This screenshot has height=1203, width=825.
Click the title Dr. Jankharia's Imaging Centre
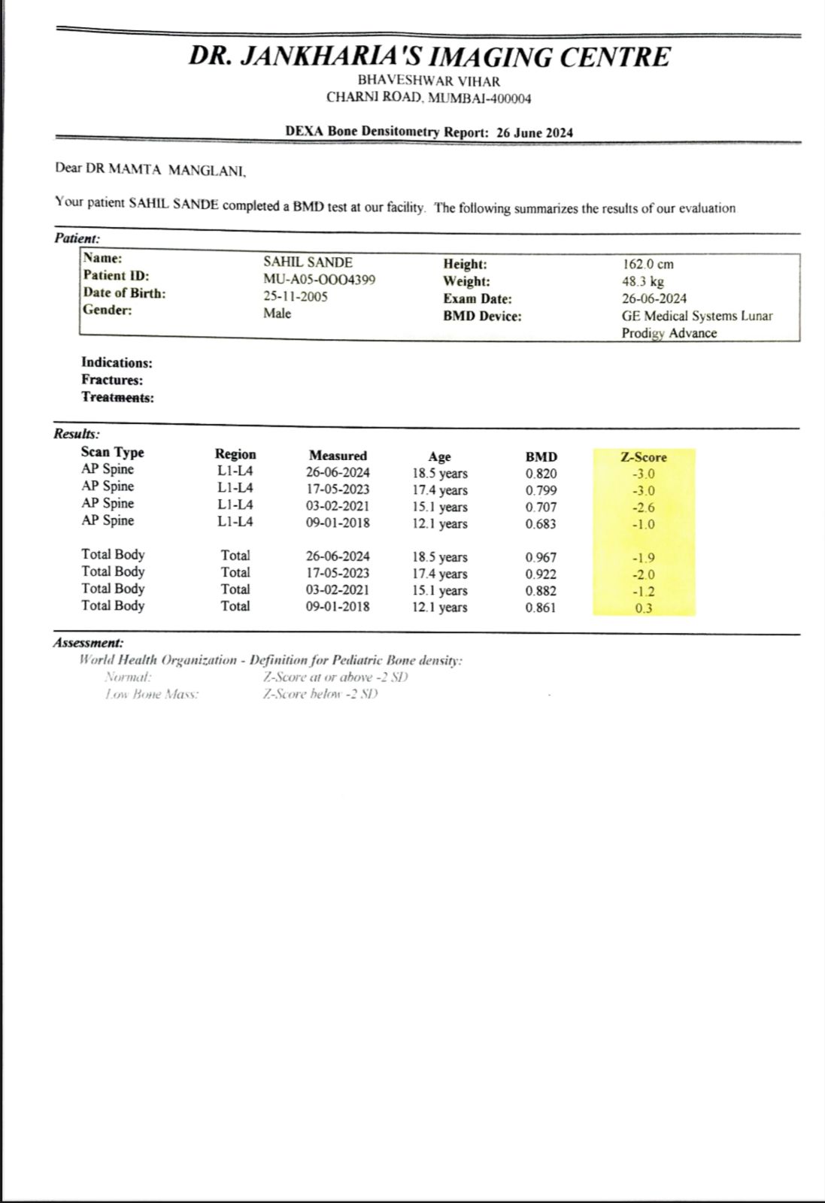429,56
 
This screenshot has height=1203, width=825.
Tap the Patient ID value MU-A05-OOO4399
319,280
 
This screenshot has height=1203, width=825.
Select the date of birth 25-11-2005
296,296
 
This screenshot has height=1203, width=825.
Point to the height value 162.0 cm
648,264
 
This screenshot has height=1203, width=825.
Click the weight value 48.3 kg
642,281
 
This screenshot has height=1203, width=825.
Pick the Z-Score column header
643,457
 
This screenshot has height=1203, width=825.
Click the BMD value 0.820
541,474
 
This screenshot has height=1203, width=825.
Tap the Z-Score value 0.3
644,608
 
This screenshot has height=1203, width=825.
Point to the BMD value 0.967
541,557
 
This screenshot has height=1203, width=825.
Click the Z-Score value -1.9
644,558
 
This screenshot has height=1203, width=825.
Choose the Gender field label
108,310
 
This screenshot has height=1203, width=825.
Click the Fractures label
112,380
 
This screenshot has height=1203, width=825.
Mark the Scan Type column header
112,452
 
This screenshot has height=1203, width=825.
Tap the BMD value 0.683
541,524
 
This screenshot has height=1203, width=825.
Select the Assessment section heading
88,643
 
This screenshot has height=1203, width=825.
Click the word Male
277,313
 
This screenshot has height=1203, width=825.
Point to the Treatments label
117,398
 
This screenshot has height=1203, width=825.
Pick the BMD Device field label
482,316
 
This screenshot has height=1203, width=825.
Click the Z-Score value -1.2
644,592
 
